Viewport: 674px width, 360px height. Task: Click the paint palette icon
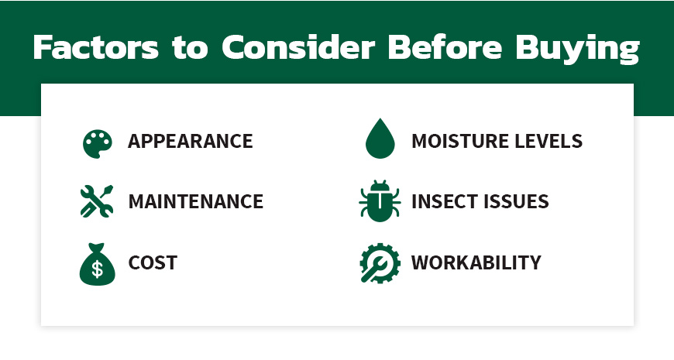[97, 143]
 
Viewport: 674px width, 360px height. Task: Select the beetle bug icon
[380, 201]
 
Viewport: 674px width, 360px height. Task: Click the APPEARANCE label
[191, 142]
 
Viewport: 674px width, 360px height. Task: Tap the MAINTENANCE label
[196, 202]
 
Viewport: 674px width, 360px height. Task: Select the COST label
[153, 262]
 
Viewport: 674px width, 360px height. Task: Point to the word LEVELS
[548, 142]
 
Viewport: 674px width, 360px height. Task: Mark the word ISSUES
[518, 202]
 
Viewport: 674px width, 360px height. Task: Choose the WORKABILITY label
[476, 262]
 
